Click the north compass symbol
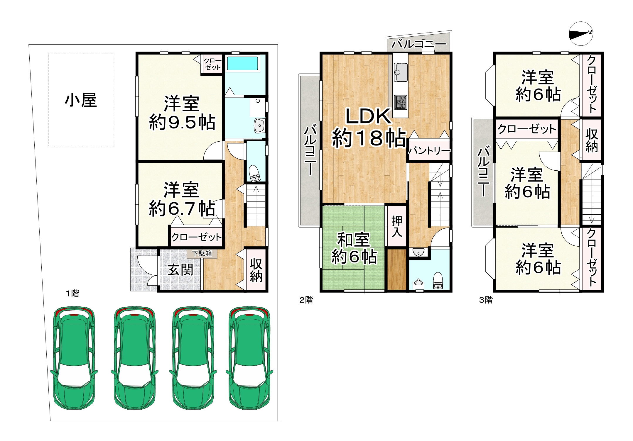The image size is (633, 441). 580,34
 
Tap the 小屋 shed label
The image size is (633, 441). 81,100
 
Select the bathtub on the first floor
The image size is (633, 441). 242,63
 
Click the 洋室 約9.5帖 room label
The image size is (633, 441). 182,113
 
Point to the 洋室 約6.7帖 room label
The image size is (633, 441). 182,199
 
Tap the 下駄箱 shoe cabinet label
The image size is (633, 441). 202,253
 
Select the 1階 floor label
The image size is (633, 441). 72,293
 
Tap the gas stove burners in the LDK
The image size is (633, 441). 400,102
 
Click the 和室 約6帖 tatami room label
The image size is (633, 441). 354,248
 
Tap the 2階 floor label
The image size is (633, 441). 306,300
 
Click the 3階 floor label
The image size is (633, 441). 486,300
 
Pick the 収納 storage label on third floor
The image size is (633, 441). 592,140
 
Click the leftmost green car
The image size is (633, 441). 74,358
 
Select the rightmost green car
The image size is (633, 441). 249,358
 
